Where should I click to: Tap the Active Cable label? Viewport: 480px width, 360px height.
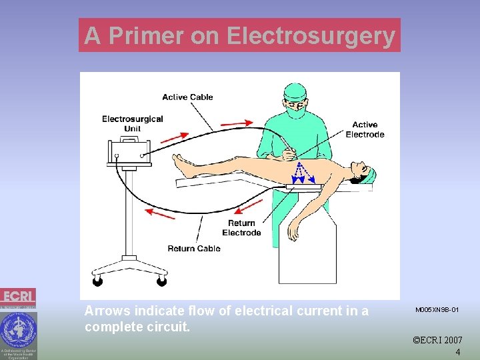pos(187,97)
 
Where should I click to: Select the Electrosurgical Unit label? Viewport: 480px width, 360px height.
pos(133,123)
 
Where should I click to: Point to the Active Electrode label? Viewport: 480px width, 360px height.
pos(365,129)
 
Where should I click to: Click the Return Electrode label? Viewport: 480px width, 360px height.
pos(241,228)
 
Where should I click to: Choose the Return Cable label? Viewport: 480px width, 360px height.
pos(194,249)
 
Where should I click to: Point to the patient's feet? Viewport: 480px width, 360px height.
pos(180,163)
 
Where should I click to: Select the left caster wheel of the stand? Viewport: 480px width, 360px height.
pos(97,281)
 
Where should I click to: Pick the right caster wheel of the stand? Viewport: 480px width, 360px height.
pos(161,281)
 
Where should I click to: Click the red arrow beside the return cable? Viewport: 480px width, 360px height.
pos(160,213)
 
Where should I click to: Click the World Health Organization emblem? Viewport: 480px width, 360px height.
pos(18,329)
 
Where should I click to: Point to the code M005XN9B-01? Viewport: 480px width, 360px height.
pos(437,310)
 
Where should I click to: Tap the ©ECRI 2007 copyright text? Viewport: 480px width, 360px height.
pos(437,340)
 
